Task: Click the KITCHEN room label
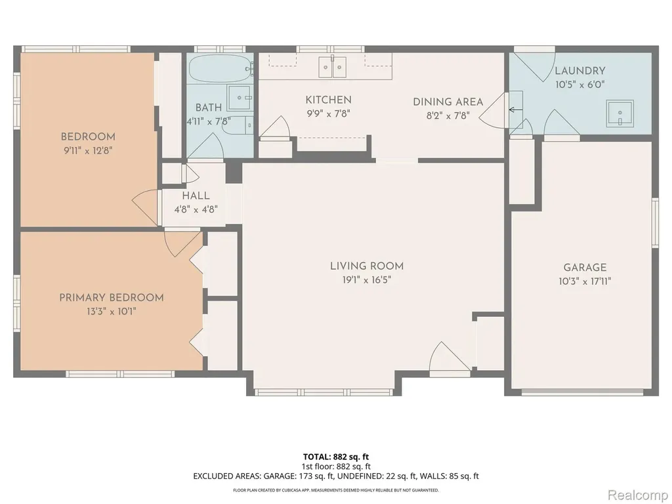click(328, 100)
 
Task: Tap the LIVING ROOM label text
click(366, 266)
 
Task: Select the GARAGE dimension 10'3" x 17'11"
click(585, 282)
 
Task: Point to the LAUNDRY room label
click(580, 71)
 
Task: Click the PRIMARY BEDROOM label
click(112, 297)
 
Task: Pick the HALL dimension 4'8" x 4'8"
click(196, 209)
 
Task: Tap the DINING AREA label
click(448, 102)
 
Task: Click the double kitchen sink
click(332, 66)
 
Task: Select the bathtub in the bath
click(220, 68)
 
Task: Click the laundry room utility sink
click(619, 114)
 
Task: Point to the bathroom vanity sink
click(240, 98)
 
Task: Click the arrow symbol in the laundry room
click(516, 110)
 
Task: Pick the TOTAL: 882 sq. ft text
click(336, 457)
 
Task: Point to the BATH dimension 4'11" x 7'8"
click(209, 121)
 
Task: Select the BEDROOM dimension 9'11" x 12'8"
click(89, 151)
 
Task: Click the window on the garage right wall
click(655, 223)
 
